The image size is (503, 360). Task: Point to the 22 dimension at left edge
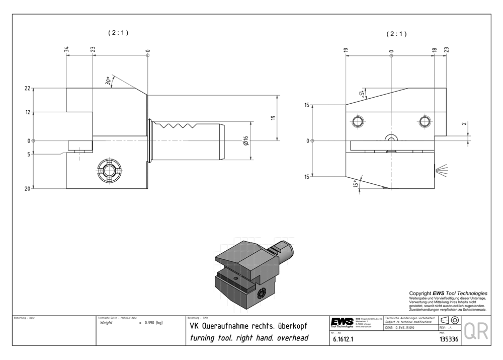tap(27, 89)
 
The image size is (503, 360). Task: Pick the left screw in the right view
tap(358, 122)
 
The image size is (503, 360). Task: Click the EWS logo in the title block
tap(342, 322)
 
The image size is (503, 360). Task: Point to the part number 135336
tap(449, 339)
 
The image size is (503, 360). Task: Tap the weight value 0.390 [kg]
tap(153, 323)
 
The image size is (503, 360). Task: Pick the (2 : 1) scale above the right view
tap(396, 34)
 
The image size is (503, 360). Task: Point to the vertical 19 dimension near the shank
tap(273, 118)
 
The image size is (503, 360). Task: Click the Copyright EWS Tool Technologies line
tap(448, 293)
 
